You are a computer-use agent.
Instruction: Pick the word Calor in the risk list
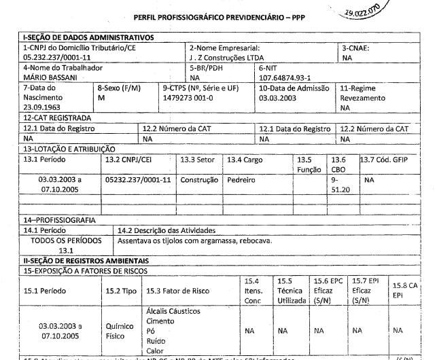[156, 352]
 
